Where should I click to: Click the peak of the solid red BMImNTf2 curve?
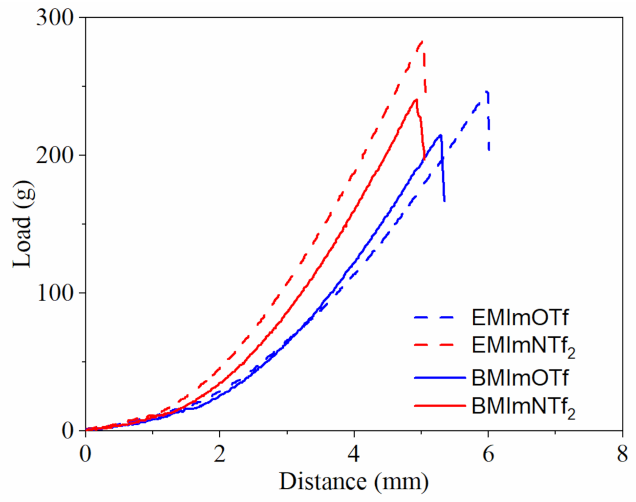[416, 100]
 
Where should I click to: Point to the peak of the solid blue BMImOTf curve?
[441, 135]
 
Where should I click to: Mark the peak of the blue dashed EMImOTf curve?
[487, 91]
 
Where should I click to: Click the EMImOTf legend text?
[520, 318]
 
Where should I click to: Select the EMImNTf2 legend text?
[523, 346]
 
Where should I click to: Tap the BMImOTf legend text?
[520, 378]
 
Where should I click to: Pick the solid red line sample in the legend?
[439, 406]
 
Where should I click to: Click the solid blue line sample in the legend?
[439, 378]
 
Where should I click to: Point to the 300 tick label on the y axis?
[54, 18]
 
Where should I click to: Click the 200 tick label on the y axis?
[54, 155]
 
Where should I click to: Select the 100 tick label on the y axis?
[54, 293]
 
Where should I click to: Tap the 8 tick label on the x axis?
[622, 455]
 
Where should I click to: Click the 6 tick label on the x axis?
[488, 455]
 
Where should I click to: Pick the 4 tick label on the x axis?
[354, 455]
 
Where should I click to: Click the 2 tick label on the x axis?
[220, 455]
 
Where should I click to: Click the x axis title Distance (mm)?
[354, 481]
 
